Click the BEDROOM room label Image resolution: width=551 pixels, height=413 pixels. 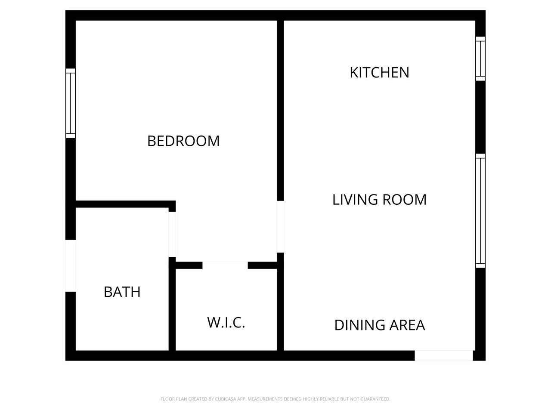(183, 141)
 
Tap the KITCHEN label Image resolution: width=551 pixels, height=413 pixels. (379, 72)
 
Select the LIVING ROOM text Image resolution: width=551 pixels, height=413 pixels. (379, 200)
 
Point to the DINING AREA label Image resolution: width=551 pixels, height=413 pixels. (380, 325)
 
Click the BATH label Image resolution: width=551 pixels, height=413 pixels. (122, 292)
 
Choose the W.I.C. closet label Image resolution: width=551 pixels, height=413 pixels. (226, 323)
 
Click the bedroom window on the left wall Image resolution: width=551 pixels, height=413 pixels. (71, 103)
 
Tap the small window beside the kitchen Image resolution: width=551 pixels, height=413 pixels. (480, 59)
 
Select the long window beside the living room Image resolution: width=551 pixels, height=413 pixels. (480, 211)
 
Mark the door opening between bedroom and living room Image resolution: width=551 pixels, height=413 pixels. (280, 226)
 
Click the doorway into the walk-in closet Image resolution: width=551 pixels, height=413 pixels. (225, 265)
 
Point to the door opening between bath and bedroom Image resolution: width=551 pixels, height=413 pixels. (172, 234)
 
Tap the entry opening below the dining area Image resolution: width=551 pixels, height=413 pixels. (443, 356)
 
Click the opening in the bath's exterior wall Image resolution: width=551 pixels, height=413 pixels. (71, 266)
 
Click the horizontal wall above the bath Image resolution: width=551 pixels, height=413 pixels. (126, 204)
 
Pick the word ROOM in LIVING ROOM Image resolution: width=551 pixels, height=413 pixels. (404, 200)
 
